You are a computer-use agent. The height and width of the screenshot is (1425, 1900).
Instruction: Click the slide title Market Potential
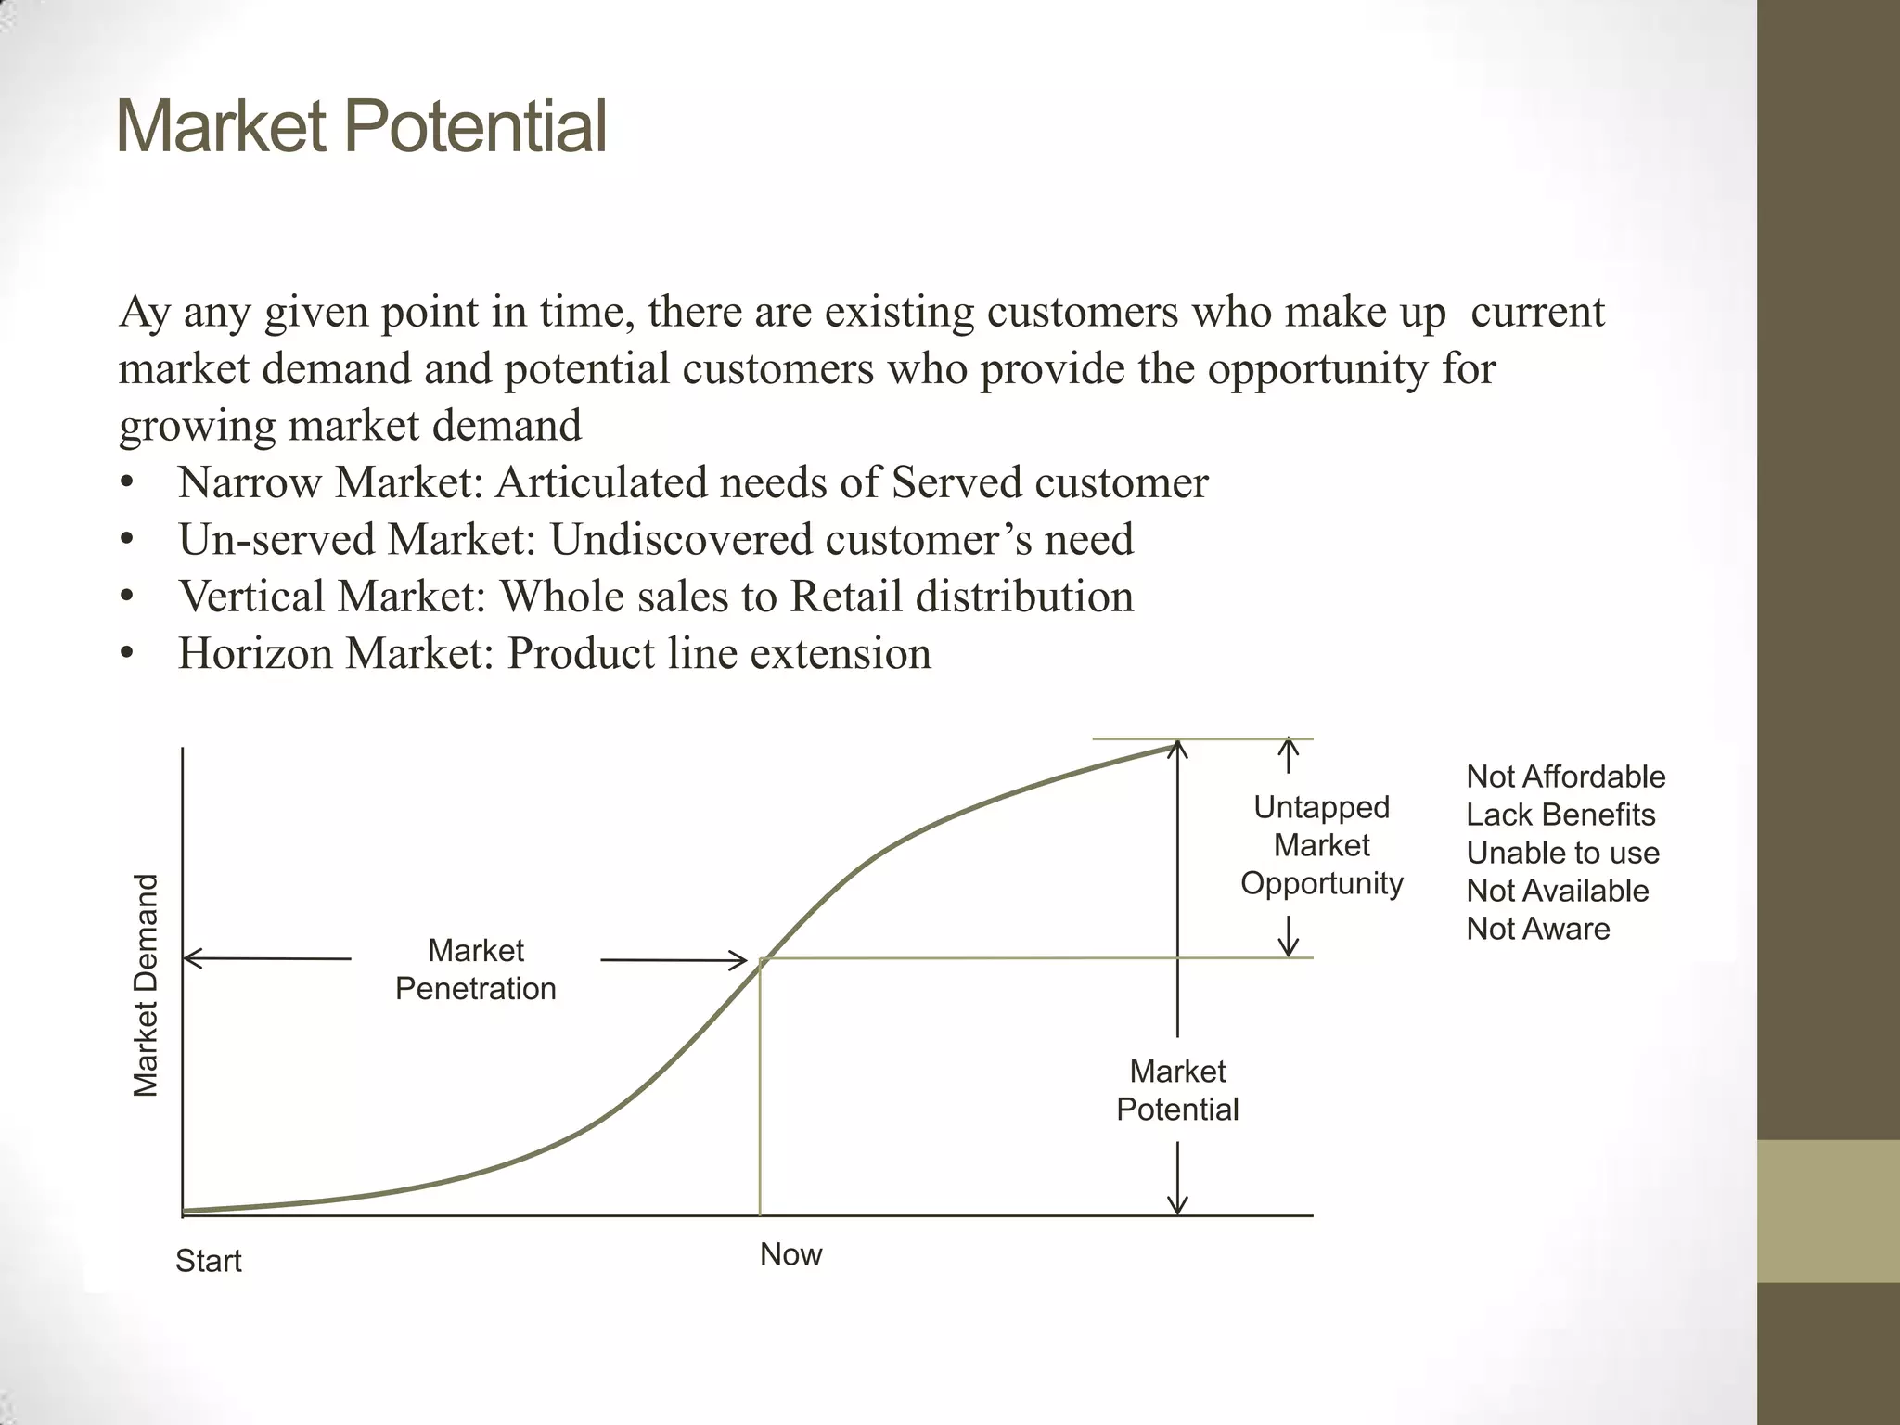362,127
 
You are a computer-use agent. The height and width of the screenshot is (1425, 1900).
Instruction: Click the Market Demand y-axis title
146,985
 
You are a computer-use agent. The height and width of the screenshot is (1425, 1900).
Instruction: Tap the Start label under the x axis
208,1261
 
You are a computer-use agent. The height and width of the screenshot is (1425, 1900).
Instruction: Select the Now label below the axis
790,1254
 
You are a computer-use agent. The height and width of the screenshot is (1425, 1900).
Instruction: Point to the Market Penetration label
475,969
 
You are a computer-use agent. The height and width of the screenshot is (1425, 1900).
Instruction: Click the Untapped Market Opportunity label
1321,845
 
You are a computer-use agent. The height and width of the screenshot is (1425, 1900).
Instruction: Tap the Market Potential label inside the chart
1177,1090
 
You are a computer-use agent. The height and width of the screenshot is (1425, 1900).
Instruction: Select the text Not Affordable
1565,777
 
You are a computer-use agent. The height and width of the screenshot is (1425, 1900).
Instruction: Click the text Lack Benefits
1560,815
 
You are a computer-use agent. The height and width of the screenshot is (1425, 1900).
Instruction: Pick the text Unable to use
1562,853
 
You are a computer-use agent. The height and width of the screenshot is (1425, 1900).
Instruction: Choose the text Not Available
1557,891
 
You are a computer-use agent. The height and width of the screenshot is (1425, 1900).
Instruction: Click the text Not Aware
1537,929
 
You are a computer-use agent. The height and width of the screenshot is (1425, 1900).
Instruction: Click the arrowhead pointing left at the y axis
191,958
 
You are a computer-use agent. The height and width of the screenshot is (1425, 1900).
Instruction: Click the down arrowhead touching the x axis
1177,1205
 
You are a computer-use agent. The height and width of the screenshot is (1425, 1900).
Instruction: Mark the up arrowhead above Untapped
1288,745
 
